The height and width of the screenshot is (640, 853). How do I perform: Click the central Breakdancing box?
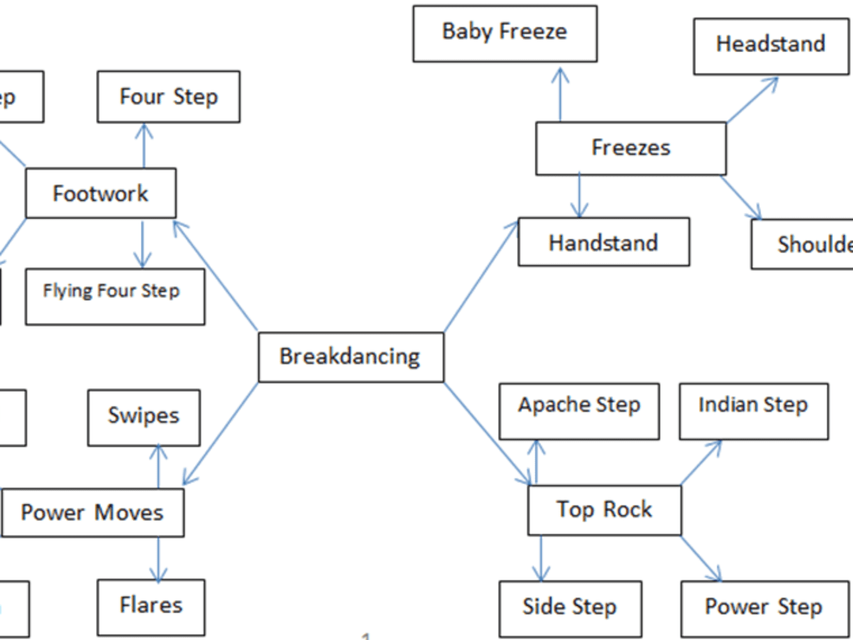(350, 357)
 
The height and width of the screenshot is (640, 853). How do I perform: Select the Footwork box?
(100, 193)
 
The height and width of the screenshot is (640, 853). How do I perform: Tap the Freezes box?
(631, 148)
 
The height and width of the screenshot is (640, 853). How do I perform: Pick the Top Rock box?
(604, 510)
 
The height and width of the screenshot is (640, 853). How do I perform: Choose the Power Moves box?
(92, 513)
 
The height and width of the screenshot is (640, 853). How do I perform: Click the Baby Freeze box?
(505, 32)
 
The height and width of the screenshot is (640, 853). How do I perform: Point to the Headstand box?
(771, 44)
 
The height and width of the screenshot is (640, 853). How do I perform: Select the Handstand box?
(603, 242)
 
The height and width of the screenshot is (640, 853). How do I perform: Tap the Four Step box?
(168, 97)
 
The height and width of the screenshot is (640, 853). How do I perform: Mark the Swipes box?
(144, 417)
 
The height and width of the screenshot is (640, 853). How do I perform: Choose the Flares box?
(151, 607)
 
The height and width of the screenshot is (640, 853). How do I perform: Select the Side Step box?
(569, 608)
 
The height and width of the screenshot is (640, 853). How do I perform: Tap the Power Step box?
(763, 608)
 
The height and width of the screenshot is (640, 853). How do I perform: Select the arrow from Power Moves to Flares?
(158, 559)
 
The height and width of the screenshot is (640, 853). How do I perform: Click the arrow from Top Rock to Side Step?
(542, 559)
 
